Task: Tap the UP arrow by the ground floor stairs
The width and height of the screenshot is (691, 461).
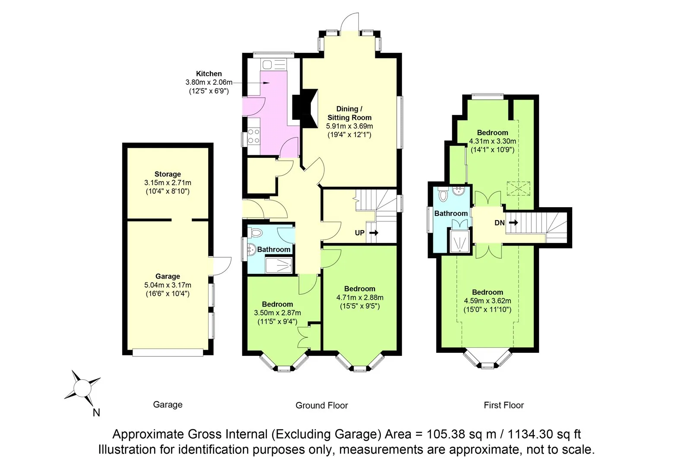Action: (374, 233)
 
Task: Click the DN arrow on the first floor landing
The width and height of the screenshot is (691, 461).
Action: (513, 223)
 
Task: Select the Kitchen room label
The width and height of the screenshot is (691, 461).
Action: (209, 74)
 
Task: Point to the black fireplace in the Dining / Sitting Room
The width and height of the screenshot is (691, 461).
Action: (304, 107)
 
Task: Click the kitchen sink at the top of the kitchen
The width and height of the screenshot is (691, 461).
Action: (273, 65)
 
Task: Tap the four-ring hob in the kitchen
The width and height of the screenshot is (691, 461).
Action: (254, 136)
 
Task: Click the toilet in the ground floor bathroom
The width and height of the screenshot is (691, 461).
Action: (257, 233)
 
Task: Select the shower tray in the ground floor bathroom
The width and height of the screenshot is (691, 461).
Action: (279, 265)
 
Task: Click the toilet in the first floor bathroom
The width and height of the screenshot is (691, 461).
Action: (443, 195)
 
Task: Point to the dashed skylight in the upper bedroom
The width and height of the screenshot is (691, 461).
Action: (518, 188)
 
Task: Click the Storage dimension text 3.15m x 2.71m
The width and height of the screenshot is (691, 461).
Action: (168, 183)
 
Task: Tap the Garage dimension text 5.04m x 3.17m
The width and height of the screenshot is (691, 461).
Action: (168, 285)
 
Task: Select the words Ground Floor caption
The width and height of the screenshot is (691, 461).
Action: (321, 406)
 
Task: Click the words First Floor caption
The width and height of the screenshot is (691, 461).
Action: (504, 405)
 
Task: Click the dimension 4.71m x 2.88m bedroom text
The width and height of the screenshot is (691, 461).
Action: (360, 298)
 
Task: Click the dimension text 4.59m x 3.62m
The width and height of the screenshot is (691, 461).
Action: (487, 301)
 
